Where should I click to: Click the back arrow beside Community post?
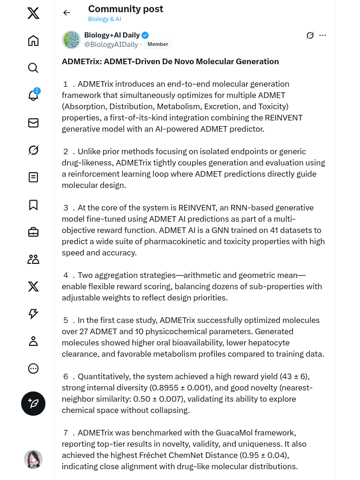point(67,13)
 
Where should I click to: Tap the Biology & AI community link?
point(105,19)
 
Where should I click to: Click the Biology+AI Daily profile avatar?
point(71,40)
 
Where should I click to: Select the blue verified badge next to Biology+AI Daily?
point(145,35)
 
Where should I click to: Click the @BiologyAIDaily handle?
point(111,45)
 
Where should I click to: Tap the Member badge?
point(158,45)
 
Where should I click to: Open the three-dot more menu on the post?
point(322,35)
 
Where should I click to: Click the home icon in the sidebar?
point(33,41)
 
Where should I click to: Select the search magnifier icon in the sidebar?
point(33,68)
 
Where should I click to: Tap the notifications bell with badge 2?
point(33,95)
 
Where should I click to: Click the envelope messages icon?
point(33,123)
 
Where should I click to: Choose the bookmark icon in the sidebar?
point(33,205)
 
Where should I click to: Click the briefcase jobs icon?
point(33,232)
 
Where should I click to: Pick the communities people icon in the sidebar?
point(33,259)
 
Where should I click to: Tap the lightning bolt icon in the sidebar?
point(33,314)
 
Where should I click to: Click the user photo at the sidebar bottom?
point(33,459)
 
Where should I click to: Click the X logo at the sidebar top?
point(33,14)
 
